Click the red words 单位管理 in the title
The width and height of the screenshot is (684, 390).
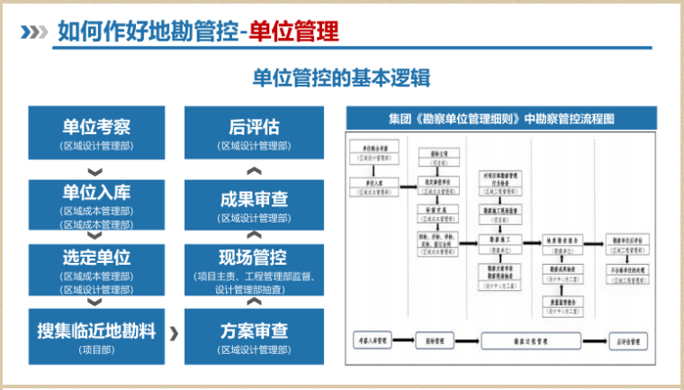pos(294,32)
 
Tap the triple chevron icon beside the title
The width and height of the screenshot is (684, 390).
pos(34,32)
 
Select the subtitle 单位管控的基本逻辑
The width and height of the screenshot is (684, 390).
pos(342,79)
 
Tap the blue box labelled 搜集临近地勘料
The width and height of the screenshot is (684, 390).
pos(96,336)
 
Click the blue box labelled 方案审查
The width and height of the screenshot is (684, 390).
pos(254,336)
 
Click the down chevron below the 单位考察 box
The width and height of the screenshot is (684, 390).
pos(96,171)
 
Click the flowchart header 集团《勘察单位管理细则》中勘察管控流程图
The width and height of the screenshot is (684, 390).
pos(501,118)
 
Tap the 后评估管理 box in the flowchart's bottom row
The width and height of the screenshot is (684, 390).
pos(627,341)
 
